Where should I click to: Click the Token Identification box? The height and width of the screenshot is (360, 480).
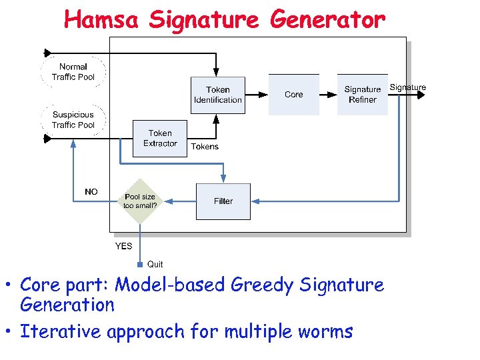click(217, 95)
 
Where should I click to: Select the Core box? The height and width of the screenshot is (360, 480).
click(293, 95)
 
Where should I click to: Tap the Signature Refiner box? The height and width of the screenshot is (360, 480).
click(362, 95)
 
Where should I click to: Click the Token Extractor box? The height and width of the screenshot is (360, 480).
click(160, 138)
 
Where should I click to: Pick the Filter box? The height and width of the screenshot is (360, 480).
click(223, 201)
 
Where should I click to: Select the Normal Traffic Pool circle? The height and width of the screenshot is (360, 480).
click(73, 72)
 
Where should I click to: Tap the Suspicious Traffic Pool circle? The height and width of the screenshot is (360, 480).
click(73, 120)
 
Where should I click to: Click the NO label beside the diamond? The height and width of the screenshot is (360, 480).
click(91, 192)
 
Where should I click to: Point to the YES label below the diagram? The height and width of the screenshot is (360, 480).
click(123, 246)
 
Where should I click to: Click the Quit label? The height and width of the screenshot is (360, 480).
click(155, 265)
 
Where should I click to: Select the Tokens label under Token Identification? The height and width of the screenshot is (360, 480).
click(205, 147)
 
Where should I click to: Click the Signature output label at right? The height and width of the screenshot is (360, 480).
click(407, 87)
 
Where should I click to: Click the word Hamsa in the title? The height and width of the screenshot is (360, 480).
click(101, 20)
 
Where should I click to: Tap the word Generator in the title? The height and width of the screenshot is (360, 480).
click(327, 20)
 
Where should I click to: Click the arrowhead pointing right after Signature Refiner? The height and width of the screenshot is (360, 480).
click(421, 95)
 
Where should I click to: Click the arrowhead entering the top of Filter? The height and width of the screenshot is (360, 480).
click(223, 179)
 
